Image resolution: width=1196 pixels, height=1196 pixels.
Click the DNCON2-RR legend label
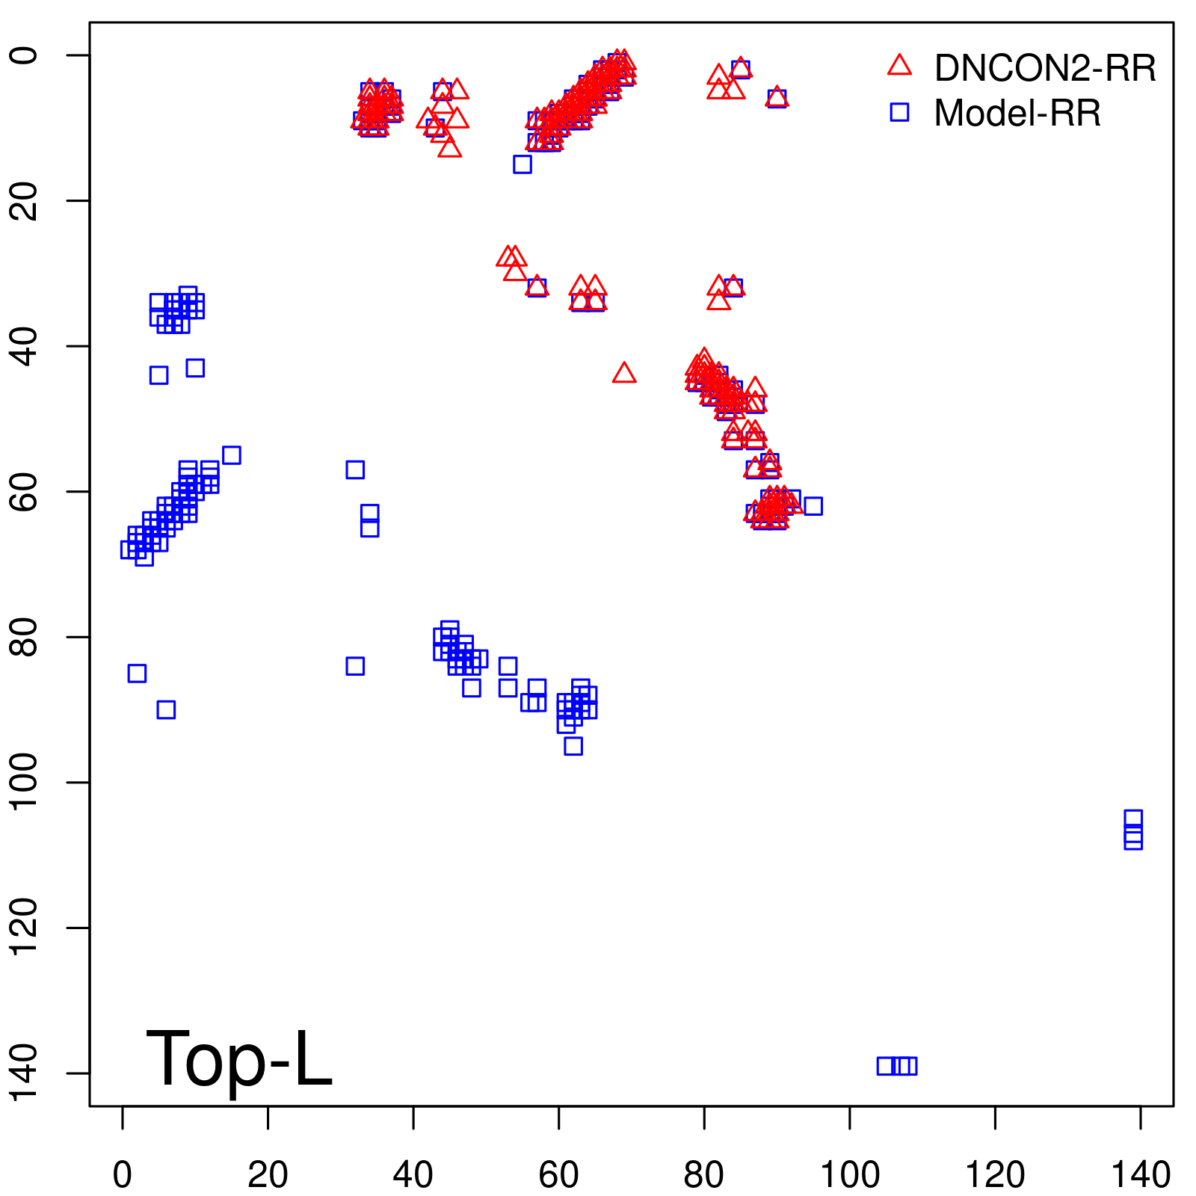pos(1044,69)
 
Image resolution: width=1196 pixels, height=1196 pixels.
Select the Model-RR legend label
pos(1017,114)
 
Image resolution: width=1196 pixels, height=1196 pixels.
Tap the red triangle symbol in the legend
pos(899,66)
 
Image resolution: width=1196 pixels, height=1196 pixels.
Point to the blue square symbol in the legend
pos(899,112)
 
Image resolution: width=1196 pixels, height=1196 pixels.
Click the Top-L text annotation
pos(238,1058)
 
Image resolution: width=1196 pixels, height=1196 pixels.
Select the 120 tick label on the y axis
pos(25,928)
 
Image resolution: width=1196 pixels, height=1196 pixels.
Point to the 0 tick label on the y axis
pos(25,55)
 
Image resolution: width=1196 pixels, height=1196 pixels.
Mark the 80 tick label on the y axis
pos(25,637)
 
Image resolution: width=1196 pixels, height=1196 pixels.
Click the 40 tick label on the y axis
pos(25,346)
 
